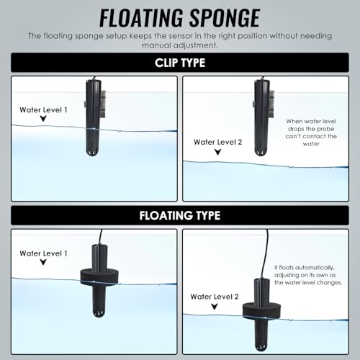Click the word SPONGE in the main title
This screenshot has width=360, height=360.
click(225, 18)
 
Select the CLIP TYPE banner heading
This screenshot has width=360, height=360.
click(180, 63)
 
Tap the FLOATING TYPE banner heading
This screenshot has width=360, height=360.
click(180, 215)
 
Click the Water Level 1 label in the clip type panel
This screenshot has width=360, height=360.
click(43, 110)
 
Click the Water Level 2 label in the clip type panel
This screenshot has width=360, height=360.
click(218, 142)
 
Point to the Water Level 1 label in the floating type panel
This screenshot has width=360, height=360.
click(43, 253)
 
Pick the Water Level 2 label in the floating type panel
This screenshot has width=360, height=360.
click(215, 297)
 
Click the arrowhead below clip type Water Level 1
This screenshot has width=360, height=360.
click(43, 119)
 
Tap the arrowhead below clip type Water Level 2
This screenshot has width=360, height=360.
click(217, 152)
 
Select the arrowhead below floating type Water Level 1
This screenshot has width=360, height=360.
click(43, 262)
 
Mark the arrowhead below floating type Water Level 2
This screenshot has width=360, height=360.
click(215, 307)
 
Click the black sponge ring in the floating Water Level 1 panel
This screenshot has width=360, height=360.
click(99, 278)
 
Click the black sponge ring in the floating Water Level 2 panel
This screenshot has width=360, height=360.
click(261, 311)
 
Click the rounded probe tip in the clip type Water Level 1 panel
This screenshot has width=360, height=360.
click(93, 152)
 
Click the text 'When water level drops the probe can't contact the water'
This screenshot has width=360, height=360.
click(311, 132)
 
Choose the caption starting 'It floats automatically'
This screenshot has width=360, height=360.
click(308, 275)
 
